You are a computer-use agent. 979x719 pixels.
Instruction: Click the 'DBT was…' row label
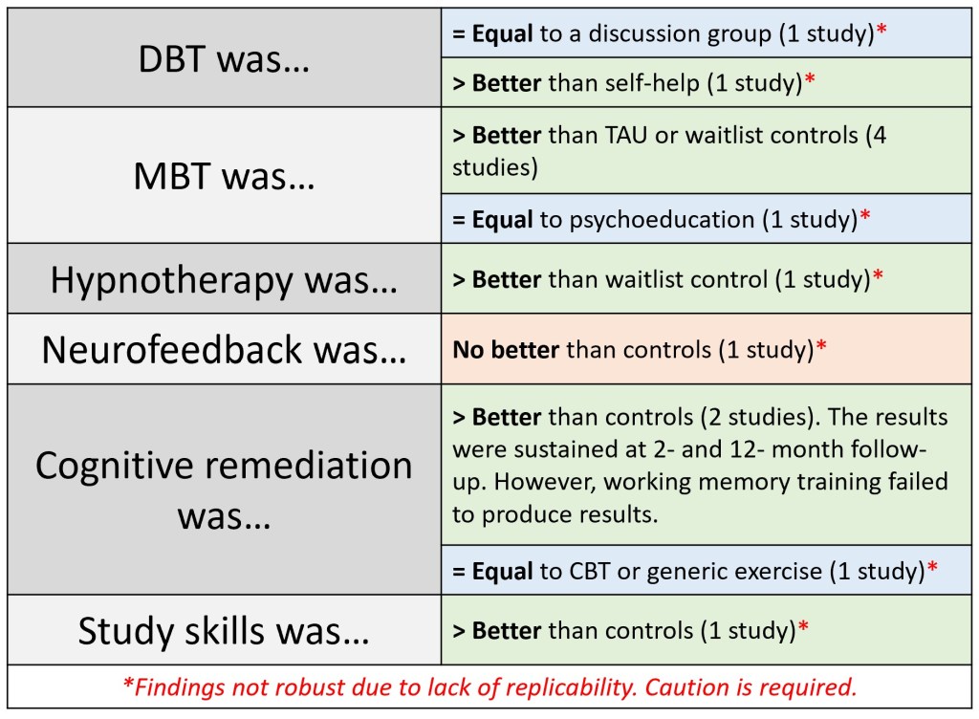[x=224, y=60]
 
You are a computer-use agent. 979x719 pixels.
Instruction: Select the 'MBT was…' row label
[x=224, y=176]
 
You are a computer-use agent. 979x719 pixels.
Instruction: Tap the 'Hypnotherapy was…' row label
[x=224, y=280]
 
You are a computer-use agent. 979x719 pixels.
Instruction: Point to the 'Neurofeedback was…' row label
[x=224, y=349]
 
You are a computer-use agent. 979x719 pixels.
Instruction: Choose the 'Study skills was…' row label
[x=224, y=630]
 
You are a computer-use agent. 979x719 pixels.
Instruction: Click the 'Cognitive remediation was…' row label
[x=224, y=490]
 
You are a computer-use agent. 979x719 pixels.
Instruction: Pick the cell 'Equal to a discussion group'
[x=707, y=33]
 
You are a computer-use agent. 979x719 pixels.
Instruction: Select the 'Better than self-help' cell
[x=707, y=82]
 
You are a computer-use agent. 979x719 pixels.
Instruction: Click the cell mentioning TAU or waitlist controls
[x=707, y=150]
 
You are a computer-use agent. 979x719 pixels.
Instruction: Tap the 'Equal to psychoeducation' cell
[x=707, y=218]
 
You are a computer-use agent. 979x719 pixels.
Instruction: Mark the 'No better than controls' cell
[x=707, y=349]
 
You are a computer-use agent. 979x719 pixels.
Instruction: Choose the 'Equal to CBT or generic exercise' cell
[x=707, y=571]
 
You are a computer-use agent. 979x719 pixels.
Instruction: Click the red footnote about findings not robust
[x=489, y=687]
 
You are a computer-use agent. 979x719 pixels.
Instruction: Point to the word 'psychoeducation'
[x=662, y=220]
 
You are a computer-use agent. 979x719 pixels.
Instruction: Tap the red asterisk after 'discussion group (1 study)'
[x=881, y=30]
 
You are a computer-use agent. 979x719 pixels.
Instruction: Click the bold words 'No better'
[x=506, y=350]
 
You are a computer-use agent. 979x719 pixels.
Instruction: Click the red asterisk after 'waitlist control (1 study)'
[x=878, y=275]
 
